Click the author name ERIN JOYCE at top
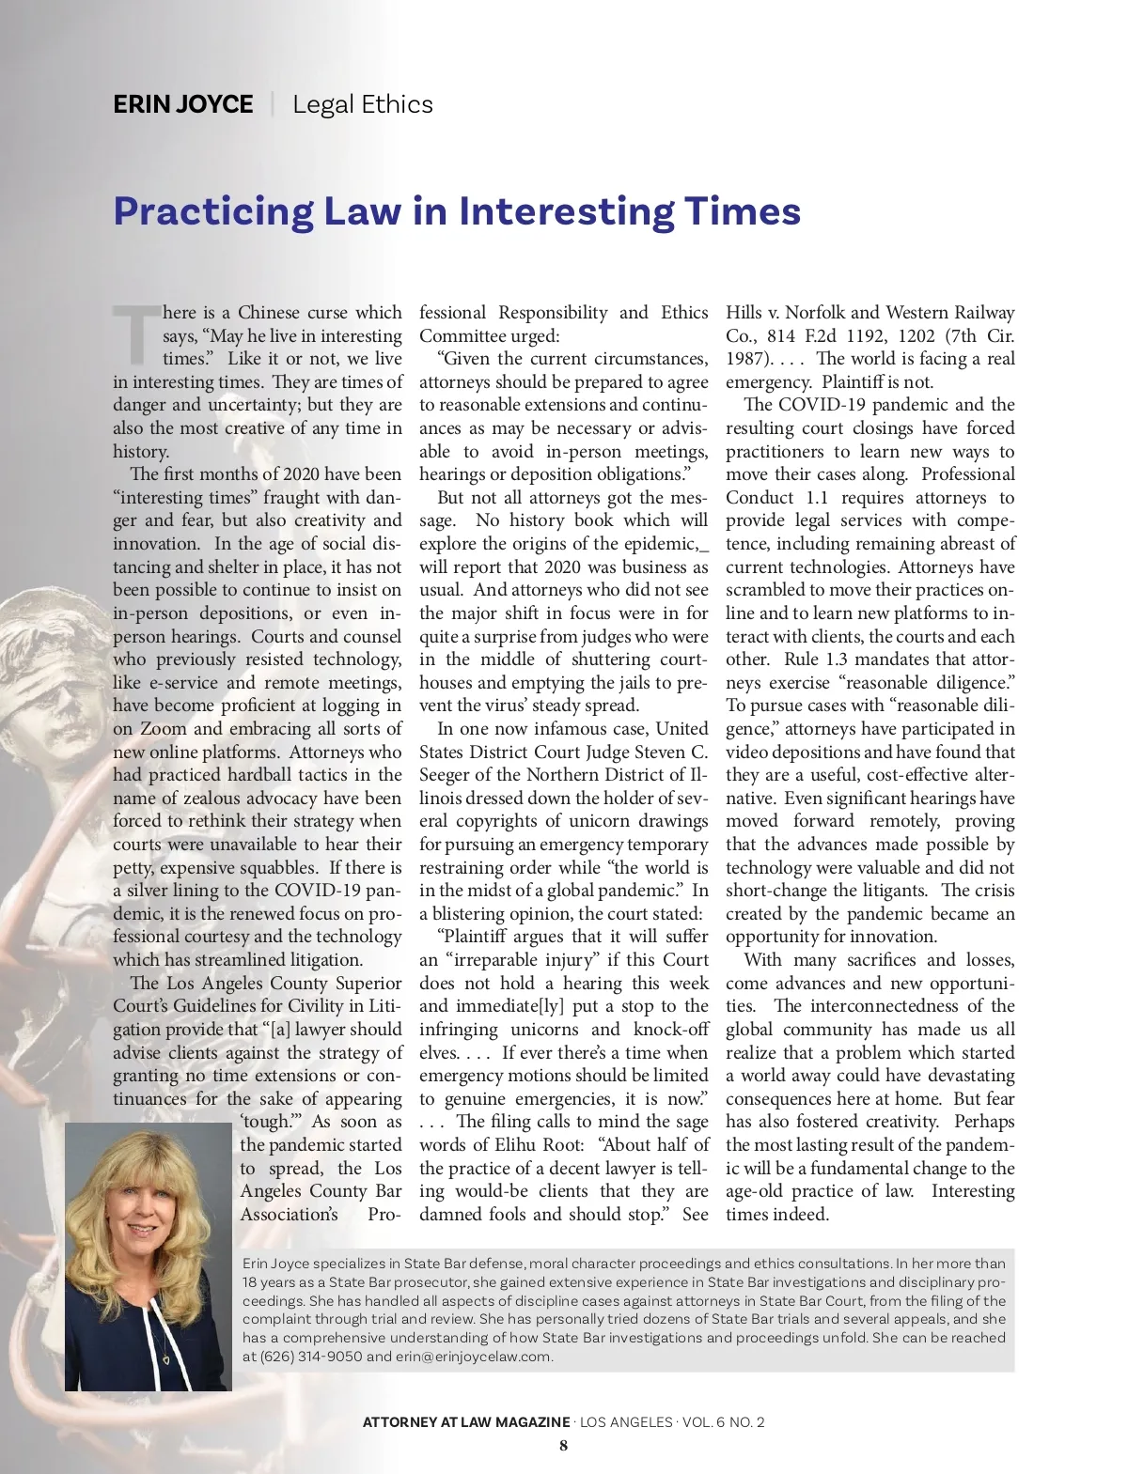(182, 104)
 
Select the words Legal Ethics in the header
(362, 104)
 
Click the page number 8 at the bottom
(563, 1445)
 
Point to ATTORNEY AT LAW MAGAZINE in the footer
(466, 1421)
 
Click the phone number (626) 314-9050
(311, 1356)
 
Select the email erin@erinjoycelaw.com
(474, 1356)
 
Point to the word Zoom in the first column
(164, 729)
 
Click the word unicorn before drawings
(605, 821)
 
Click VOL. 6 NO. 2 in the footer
(723, 1421)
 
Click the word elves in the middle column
(437, 1052)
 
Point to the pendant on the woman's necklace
(166, 1358)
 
